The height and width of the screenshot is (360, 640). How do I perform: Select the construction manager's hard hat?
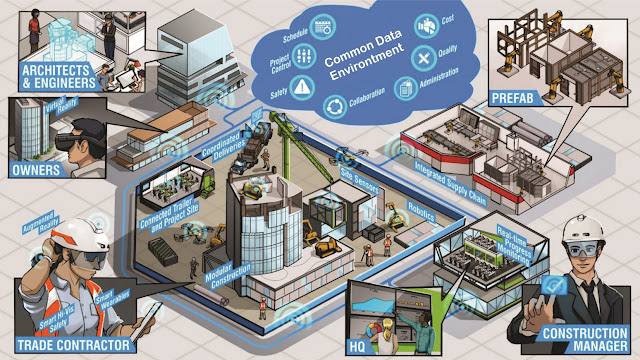click(579, 228)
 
